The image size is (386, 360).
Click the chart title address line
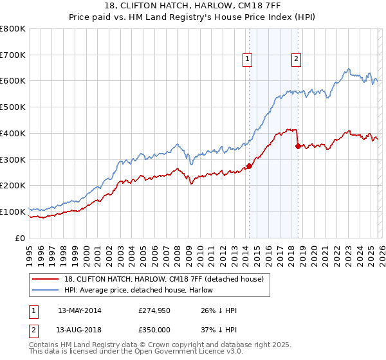(x=192, y=6)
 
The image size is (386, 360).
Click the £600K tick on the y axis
(x=13, y=81)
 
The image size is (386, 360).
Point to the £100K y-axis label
(x=13, y=212)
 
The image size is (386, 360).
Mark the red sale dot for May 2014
(x=249, y=166)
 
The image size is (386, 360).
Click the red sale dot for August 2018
(x=297, y=147)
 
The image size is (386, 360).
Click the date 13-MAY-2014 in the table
(x=79, y=310)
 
